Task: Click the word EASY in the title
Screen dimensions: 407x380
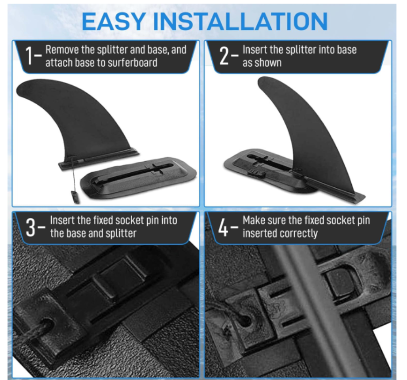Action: tap(114, 22)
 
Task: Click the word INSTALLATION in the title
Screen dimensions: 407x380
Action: tap(240, 22)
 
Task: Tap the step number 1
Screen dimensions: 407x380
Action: tap(29, 56)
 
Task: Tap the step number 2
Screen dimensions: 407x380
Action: tap(224, 56)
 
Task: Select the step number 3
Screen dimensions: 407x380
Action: tap(30, 228)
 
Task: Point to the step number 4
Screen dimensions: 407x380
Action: tap(223, 228)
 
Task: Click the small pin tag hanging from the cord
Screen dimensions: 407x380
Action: tap(75, 197)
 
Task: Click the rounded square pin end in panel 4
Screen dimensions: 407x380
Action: tap(340, 282)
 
